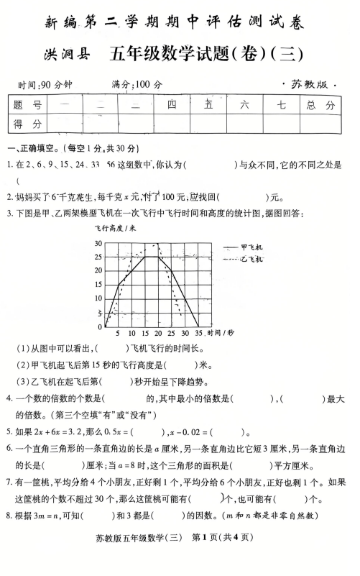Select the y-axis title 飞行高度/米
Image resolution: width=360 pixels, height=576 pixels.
(114, 229)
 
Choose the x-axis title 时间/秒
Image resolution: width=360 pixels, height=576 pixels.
(221, 333)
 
